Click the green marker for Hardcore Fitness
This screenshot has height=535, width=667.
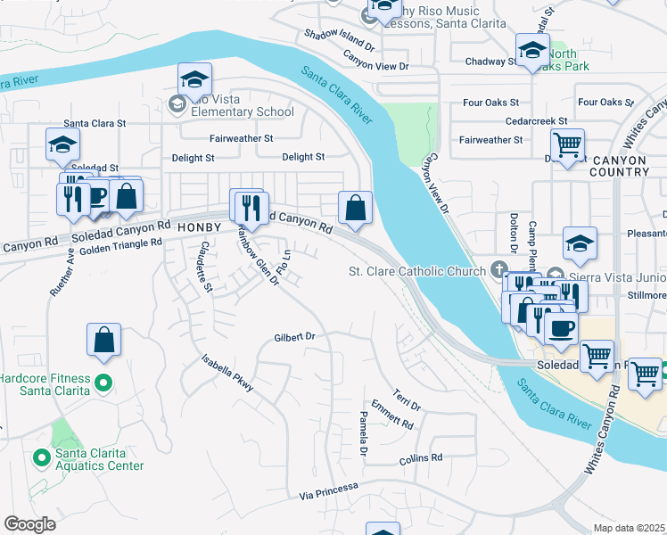[x=103, y=383]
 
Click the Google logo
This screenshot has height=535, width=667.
[x=29, y=523]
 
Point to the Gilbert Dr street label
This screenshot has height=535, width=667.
[x=295, y=337]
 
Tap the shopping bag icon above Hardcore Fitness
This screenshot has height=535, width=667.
[x=104, y=339]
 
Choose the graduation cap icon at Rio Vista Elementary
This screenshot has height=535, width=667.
[x=194, y=79]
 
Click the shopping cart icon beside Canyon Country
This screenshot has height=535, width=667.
[x=567, y=144]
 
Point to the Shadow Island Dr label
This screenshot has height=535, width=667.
[x=339, y=39]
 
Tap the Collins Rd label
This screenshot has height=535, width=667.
[x=421, y=458]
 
